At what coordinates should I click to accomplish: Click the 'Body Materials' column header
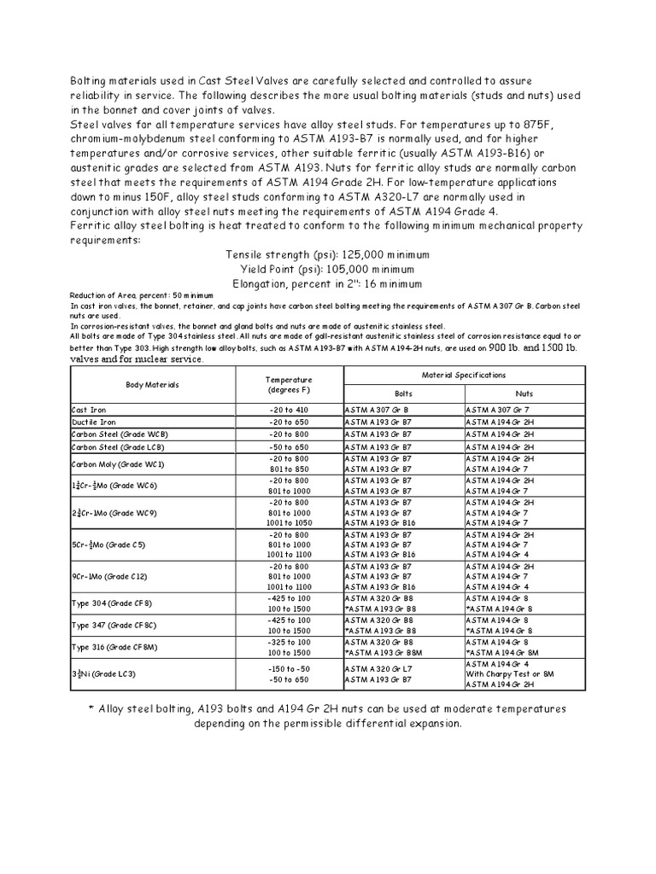pos(153,385)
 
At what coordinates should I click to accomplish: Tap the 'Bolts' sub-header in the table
pos(402,394)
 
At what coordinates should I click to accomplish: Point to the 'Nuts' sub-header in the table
pos(524,394)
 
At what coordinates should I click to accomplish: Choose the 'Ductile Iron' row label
pos(91,422)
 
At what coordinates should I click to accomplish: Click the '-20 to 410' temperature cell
pos(289,410)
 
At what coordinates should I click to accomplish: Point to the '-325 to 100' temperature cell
pos(289,640)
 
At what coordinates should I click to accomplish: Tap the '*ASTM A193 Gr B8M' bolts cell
pos(382,651)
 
